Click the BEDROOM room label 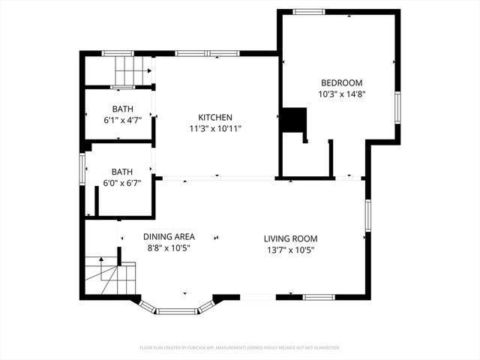(341, 82)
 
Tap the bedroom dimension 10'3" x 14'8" (341, 94)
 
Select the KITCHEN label (214, 117)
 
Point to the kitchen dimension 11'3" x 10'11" (214, 129)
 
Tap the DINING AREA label (169, 236)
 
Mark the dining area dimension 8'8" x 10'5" (169, 248)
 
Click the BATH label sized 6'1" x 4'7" (123, 109)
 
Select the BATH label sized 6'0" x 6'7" (122, 170)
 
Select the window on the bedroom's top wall (309, 12)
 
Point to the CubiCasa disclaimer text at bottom (240, 347)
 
